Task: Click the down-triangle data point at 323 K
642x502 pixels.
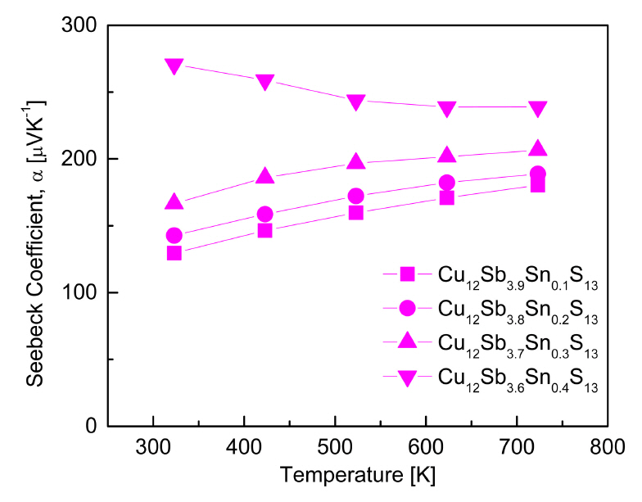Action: click(174, 65)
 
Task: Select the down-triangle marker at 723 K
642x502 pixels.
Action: click(537, 108)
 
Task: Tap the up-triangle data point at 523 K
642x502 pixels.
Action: click(355, 161)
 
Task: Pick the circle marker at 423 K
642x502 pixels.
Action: click(264, 215)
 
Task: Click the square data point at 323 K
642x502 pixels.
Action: click(174, 253)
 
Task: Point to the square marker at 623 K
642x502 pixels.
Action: click(446, 197)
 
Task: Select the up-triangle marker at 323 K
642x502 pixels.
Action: click(174, 202)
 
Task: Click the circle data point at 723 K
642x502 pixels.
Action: click(537, 174)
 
